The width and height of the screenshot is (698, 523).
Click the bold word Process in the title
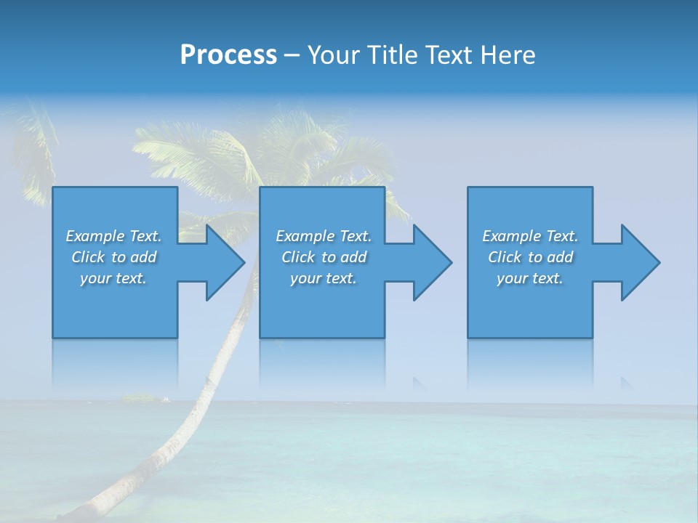pos(228,55)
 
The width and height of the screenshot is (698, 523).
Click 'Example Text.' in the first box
pos(113,236)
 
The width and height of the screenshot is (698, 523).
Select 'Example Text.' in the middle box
pos(324,236)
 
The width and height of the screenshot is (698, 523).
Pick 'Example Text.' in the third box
pos(530,236)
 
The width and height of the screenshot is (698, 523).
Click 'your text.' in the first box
pos(113,278)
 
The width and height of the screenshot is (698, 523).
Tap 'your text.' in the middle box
pos(324,278)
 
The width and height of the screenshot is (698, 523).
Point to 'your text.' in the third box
pos(530,278)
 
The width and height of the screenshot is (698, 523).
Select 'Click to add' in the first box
pos(113,257)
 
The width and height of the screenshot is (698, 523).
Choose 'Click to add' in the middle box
pos(324,257)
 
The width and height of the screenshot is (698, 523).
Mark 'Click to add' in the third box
pos(530,257)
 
